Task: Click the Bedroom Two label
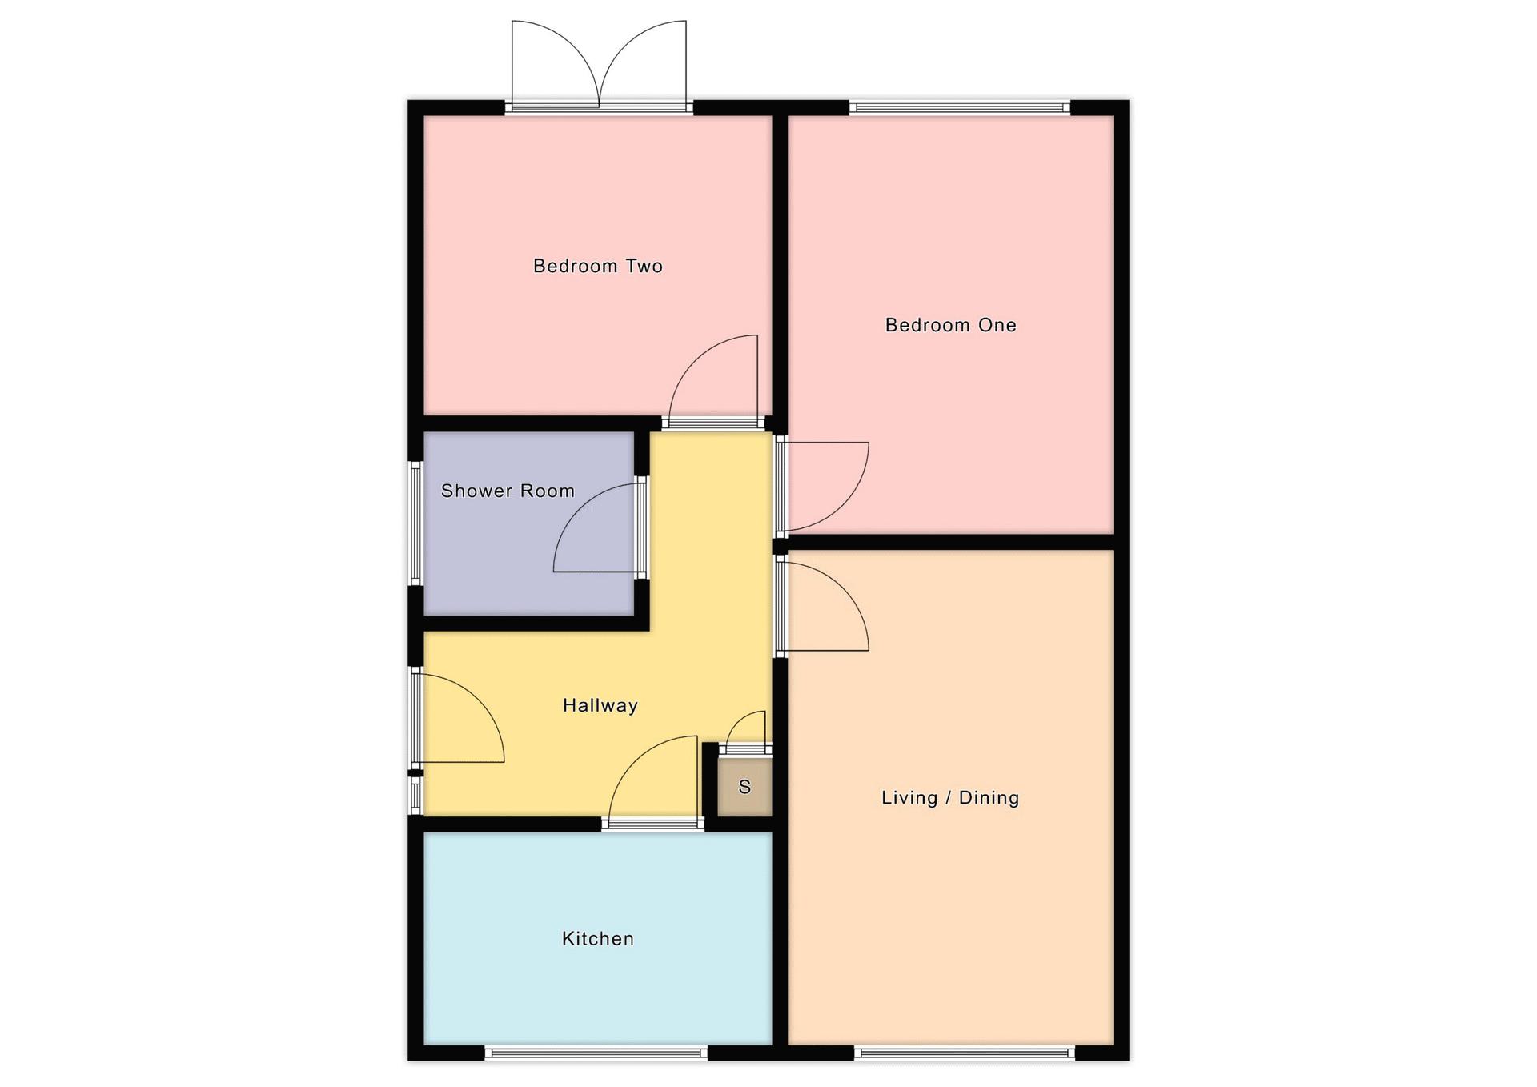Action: [598, 266]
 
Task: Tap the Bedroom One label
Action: [950, 325]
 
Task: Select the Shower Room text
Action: [508, 491]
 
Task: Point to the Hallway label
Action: [600, 705]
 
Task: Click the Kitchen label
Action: [597, 938]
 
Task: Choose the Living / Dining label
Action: [950, 797]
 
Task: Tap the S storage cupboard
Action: [744, 787]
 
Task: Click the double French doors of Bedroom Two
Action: [599, 64]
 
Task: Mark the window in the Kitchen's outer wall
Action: [596, 1053]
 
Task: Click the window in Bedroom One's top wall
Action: [959, 107]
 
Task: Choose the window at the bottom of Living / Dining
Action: [964, 1053]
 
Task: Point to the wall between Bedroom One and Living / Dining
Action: [951, 542]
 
